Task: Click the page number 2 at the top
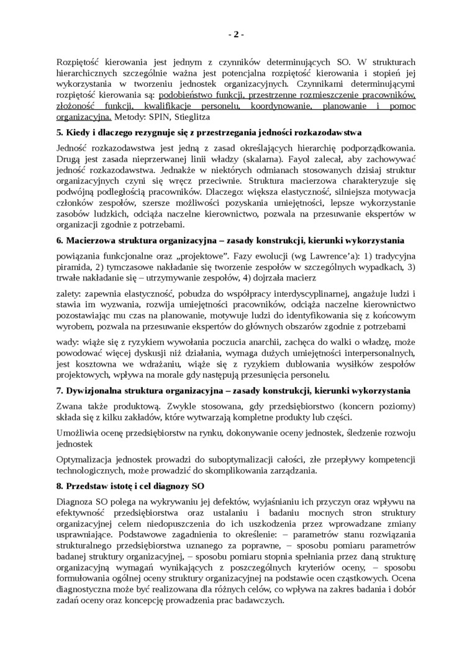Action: (x=235, y=35)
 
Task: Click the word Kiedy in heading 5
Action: (x=76, y=133)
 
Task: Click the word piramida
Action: (x=74, y=267)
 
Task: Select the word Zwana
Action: (x=70, y=407)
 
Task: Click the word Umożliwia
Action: (x=77, y=433)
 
